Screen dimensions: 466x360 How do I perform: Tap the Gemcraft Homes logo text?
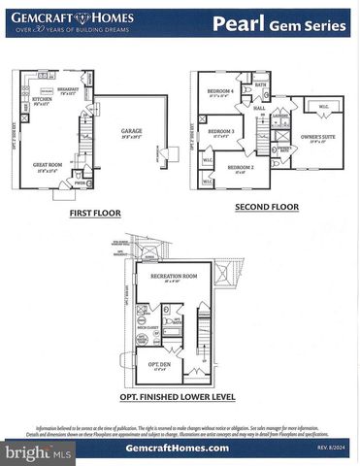coord(61,17)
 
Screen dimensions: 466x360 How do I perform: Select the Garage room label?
coord(131,131)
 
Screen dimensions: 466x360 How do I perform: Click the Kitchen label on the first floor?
coord(41,99)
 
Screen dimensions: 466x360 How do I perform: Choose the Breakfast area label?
coord(68,89)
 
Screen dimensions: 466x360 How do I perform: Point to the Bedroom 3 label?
coord(220,131)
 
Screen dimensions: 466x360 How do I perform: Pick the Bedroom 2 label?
coord(241,167)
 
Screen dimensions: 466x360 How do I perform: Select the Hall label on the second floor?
coord(260,108)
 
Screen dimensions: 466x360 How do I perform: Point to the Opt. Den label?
coord(159,365)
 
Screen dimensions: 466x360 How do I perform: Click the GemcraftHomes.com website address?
coord(178,449)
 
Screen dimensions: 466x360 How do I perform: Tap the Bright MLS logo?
coord(37,452)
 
